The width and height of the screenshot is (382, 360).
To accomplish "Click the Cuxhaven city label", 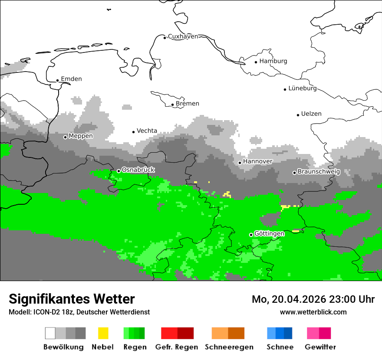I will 183,36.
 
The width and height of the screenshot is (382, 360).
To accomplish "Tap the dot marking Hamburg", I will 256,62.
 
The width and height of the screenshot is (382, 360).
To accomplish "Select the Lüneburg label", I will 303,88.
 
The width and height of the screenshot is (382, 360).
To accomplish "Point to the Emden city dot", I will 58,80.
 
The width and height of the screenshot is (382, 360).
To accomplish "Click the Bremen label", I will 188,104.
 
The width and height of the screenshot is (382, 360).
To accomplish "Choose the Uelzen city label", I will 311,114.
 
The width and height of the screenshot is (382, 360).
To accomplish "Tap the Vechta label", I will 147,131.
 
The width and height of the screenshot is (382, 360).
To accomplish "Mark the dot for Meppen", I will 66,137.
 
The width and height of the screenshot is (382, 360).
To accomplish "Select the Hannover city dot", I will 240,163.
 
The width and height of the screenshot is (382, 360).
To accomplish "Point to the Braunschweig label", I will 319,172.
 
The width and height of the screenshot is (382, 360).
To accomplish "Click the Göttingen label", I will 269,233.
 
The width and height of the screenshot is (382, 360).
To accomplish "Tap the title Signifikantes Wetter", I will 72,299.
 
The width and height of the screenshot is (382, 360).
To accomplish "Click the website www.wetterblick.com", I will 313,312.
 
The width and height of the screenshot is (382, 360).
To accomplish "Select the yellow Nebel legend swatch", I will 103,333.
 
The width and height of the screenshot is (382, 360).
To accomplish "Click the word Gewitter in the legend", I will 320,347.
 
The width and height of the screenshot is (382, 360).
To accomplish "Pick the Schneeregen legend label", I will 229,347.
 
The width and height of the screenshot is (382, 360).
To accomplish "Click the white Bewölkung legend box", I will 50,333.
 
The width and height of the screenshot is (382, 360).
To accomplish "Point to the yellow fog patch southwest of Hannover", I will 227,194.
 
